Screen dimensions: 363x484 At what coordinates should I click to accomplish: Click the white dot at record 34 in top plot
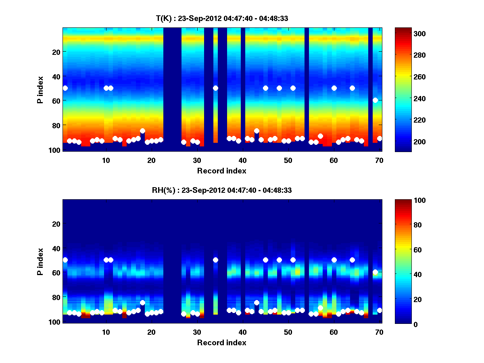pyautogui.click(x=215, y=88)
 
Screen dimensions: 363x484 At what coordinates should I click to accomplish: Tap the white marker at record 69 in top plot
pyautogui.click(x=375, y=100)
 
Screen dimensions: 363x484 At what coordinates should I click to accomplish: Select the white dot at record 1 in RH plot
pyautogui.click(x=65, y=260)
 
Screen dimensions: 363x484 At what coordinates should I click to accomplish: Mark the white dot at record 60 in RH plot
pyautogui.click(x=334, y=260)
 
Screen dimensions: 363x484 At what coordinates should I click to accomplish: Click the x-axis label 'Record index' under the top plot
pyautogui.click(x=222, y=171)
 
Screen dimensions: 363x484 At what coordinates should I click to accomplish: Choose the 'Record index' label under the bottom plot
pyautogui.click(x=222, y=342)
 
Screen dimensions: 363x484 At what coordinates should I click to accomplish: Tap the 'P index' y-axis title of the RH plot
pyautogui.click(x=40, y=261)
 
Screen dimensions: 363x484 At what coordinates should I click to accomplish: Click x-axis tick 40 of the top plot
pyautogui.click(x=242, y=160)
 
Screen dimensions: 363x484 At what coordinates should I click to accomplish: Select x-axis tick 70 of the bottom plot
pyautogui.click(x=379, y=332)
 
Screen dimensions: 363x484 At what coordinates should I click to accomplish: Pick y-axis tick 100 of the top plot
pyautogui.click(x=56, y=150)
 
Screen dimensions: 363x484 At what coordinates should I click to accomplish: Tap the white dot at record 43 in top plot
pyautogui.click(x=257, y=131)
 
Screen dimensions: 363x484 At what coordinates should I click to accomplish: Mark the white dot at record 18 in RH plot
pyautogui.click(x=142, y=302)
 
